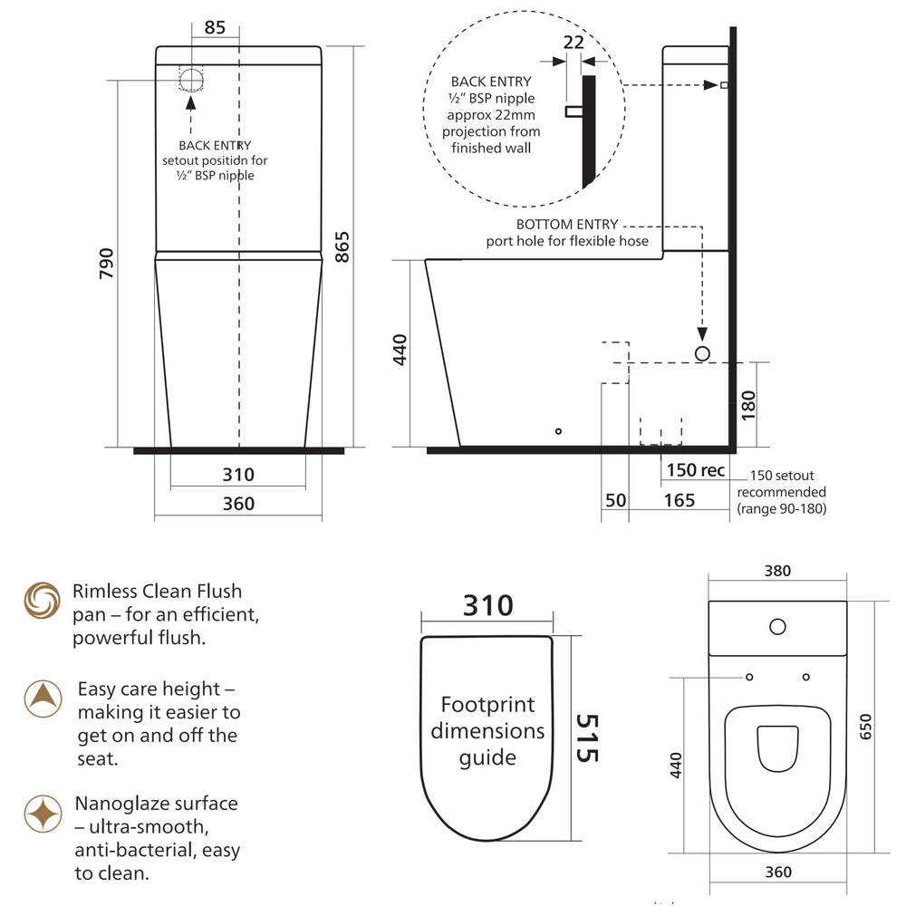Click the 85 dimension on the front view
[x=215, y=28]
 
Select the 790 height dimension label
[x=105, y=264]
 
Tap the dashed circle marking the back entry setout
[x=192, y=79]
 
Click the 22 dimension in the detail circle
[x=573, y=42]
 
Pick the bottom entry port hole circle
[x=702, y=353]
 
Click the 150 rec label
[x=695, y=470]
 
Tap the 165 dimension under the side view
[x=679, y=500]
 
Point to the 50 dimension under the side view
[x=615, y=500]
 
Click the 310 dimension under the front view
[x=238, y=474]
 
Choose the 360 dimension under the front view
[x=238, y=504]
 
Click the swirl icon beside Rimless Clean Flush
[x=42, y=601]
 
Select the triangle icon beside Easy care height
[x=42, y=698]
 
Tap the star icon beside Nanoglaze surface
[x=42, y=814]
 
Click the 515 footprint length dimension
[x=588, y=737]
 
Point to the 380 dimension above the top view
[x=777, y=571]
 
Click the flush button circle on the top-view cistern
[x=776, y=625]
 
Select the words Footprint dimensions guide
[x=487, y=730]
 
